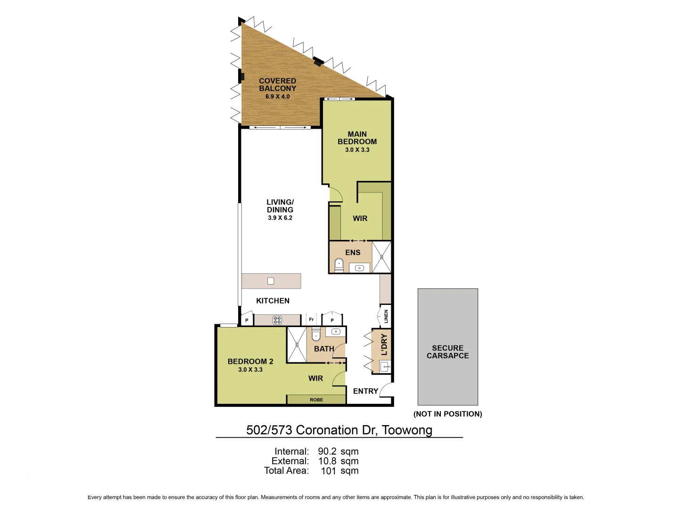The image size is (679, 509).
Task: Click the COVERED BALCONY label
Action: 277,85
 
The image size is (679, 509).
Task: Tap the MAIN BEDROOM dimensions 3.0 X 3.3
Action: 357,150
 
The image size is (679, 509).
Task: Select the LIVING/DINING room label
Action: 280,206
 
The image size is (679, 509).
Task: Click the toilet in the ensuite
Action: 339,265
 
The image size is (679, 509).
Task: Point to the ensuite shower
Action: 381,257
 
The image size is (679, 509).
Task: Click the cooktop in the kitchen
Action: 277,320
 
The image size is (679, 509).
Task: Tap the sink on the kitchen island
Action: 271,281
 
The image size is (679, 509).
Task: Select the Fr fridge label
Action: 311,320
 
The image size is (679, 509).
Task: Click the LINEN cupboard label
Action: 386,316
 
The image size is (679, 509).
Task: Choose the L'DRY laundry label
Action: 384,345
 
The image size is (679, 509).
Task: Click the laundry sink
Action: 385,367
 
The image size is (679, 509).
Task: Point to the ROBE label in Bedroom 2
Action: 316,400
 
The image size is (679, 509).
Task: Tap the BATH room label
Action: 324,349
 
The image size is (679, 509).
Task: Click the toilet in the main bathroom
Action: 316,335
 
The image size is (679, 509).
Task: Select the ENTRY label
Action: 365,391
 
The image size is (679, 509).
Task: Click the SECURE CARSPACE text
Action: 447,352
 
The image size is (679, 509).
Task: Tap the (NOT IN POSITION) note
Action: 447,414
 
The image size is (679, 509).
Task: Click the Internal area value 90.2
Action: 327,452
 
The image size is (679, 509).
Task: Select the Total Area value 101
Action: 328,471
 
